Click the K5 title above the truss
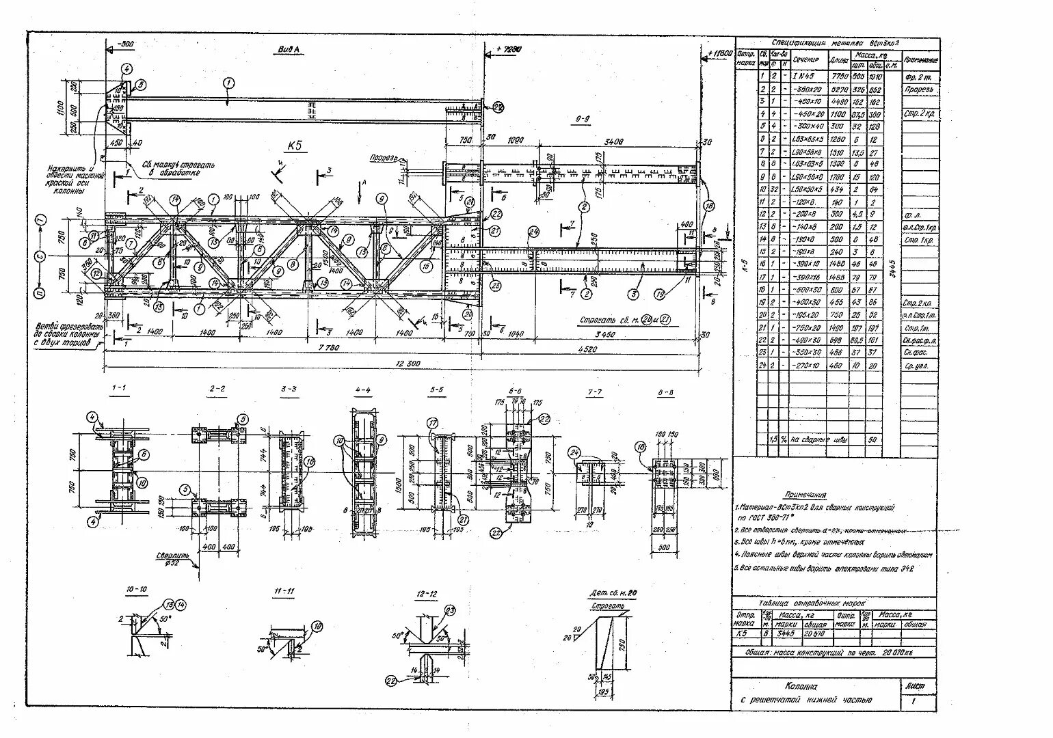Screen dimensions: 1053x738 tap(295, 146)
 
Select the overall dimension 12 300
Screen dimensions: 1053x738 tap(408, 364)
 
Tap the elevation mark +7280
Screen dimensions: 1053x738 tap(509, 49)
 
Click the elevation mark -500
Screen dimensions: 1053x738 tap(125, 44)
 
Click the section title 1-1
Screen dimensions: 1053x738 tap(119, 388)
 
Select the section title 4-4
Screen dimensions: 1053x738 tap(363, 390)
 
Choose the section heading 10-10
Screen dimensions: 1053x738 tap(136, 589)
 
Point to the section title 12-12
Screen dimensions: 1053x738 tap(426, 594)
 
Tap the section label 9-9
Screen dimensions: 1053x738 tap(583, 119)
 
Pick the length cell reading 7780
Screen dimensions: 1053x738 tap(839, 77)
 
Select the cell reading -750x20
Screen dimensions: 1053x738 tap(807, 327)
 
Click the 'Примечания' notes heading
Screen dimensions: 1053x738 tap(805, 495)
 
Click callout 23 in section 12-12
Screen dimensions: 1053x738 tap(450, 610)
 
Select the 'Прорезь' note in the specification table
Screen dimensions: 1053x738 tap(918, 90)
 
